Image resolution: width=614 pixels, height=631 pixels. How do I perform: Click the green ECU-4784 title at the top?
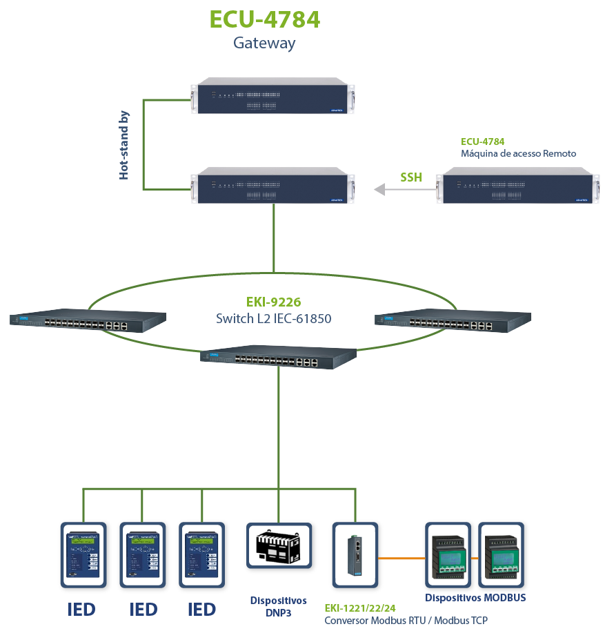264,19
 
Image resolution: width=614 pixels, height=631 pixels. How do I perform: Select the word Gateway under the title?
264,43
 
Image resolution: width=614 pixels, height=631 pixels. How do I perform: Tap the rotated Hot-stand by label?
124,145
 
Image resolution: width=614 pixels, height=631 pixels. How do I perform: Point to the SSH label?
411,177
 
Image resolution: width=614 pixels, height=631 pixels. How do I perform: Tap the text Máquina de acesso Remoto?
518,153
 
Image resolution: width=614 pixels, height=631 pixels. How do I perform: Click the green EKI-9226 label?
274,302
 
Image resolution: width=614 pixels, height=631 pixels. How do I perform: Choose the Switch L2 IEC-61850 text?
274,319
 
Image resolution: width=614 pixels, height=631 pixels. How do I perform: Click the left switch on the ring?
88,320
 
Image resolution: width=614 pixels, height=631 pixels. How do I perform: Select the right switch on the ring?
453,320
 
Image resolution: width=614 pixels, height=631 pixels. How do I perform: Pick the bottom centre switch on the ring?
279,358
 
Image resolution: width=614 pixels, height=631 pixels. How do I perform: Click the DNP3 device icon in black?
279,551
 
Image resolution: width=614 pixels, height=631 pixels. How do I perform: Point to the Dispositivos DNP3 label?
279,606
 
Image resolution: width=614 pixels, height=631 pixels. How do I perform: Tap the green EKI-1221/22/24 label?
360,608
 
